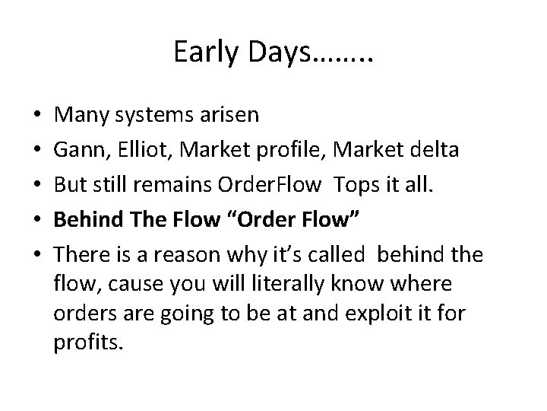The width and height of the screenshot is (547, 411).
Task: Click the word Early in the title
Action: point(200,52)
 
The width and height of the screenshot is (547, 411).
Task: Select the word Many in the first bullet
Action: point(79,115)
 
